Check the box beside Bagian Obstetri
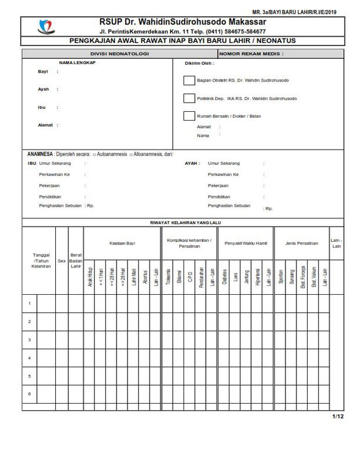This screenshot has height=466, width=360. coord(189,80)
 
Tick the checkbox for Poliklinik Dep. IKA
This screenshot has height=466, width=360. coord(189,98)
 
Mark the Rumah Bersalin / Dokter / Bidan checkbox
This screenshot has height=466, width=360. coord(189,115)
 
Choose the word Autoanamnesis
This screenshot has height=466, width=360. coord(114,154)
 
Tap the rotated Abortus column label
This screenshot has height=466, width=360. coord(144,276)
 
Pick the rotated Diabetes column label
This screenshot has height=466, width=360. coord(224,275)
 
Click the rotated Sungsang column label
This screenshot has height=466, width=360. coord(291,275)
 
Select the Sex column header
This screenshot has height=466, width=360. coord(62,262)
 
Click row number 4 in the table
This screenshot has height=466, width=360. coord(29,357)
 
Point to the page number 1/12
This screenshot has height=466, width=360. coord(338,416)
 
